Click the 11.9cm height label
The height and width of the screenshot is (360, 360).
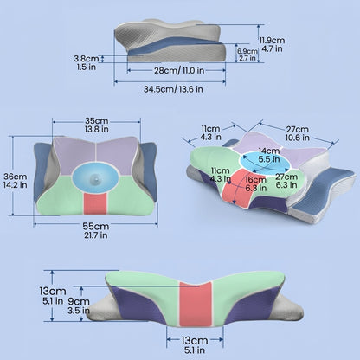(272, 40)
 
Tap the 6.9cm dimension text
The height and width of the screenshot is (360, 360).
(247, 51)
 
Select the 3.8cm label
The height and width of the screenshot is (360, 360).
(87, 59)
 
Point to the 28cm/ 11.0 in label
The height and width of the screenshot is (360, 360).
(179, 70)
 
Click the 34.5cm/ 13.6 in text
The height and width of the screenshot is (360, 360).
(173, 89)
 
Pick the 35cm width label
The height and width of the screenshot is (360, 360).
(97, 120)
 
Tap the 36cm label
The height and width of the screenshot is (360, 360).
(16, 177)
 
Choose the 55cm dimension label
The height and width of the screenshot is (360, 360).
(96, 226)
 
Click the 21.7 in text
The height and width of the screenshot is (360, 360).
(96, 235)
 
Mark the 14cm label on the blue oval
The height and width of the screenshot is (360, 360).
(269, 151)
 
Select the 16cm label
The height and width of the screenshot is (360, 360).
(255, 180)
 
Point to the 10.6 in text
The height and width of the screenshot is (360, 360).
(298, 138)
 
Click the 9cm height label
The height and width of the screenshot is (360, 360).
(79, 301)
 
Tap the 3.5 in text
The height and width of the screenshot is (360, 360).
(79, 311)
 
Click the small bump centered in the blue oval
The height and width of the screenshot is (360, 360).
(95, 180)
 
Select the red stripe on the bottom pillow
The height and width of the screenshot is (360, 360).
(196, 304)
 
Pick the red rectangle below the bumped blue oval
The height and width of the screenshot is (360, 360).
(95, 203)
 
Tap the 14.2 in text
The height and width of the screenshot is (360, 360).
(16, 184)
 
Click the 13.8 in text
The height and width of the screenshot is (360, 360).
(97, 129)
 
